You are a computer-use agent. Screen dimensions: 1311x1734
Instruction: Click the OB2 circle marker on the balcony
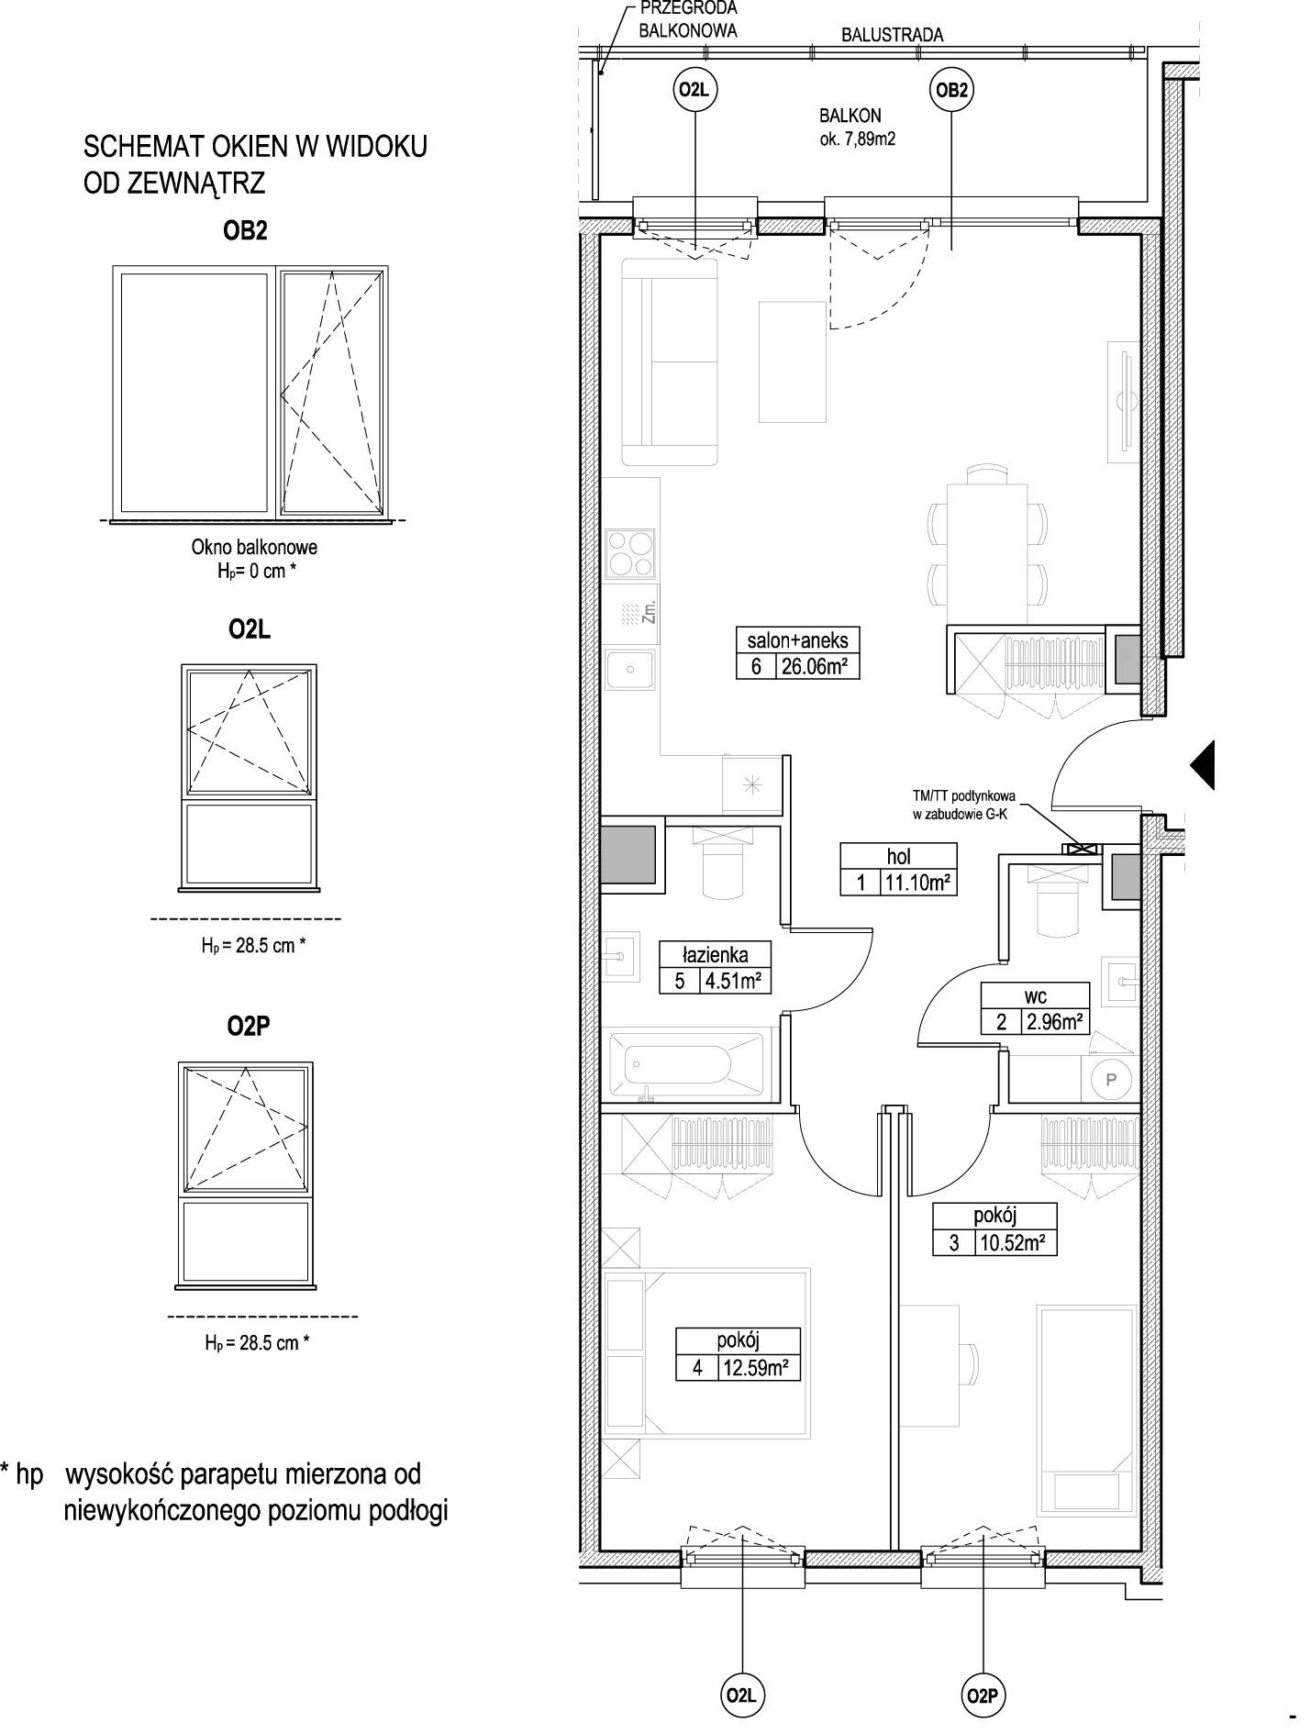(950, 91)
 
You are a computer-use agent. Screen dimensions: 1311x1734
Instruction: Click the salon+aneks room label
(797, 640)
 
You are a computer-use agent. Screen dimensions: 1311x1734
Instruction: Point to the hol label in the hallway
(898, 857)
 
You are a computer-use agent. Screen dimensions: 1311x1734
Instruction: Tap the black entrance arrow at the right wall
(1202, 764)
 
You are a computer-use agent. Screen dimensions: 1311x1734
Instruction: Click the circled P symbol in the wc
(1111, 1080)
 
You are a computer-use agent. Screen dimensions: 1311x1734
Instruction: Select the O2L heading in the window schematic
(249, 629)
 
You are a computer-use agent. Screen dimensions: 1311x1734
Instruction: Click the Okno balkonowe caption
(254, 547)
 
